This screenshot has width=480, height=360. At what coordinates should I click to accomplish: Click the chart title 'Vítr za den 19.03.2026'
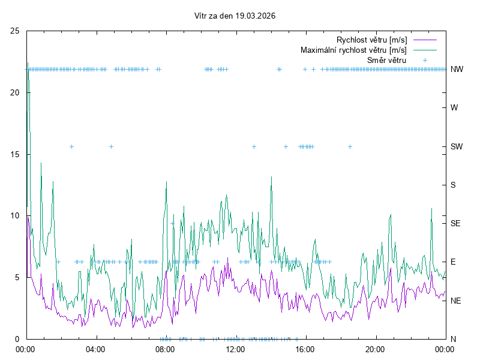click(235, 16)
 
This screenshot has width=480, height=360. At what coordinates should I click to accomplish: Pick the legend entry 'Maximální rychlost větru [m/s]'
click(353, 50)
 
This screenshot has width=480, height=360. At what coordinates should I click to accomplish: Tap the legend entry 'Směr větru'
click(386, 60)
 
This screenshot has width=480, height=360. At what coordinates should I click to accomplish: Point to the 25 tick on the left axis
click(15, 31)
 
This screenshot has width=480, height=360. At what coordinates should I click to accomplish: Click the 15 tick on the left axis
click(15, 154)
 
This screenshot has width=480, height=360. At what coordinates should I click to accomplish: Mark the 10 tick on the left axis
click(15, 216)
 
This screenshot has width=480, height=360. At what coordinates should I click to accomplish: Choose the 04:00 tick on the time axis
click(95, 349)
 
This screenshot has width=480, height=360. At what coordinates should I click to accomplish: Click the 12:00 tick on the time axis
click(235, 349)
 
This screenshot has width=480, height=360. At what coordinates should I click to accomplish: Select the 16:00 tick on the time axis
click(305, 349)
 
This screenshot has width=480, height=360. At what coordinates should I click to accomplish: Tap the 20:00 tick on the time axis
click(375, 349)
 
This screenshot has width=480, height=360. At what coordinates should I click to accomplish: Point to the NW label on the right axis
click(457, 70)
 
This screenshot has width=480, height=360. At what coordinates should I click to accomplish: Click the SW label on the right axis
click(457, 146)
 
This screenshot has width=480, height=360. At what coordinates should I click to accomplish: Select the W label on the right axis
click(454, 108)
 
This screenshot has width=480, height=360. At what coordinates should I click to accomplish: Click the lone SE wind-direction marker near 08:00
click(173, 223)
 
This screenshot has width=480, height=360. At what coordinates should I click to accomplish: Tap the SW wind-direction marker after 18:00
click(350, 146)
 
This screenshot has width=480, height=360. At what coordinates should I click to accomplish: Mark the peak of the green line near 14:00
click(271, 177)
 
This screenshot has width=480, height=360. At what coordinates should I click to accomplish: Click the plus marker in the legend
click(424, 60)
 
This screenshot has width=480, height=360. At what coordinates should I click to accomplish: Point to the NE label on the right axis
click(456, 301)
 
